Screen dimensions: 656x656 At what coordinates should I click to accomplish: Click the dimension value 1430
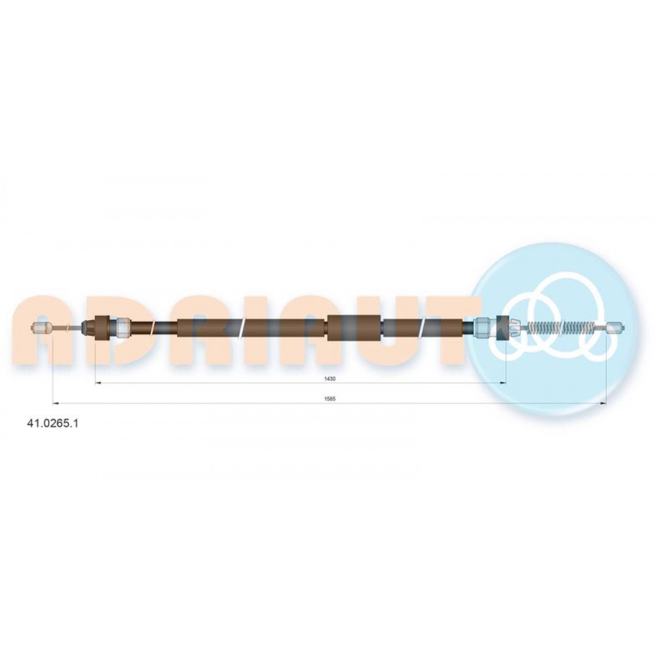pyautogui.click(x=330, y=379)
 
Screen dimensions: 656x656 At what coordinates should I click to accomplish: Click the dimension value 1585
pyautogui.click(x=330, y=399)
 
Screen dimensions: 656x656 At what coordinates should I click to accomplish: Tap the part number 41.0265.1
pyautogui.click(x=52, y=423)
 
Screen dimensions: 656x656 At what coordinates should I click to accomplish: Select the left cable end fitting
pyautogui.click(x=42, y=328)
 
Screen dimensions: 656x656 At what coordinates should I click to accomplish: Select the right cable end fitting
pyautogui.click(x=615, y=327)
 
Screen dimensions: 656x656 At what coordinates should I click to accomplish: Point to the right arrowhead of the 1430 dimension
pyautogui.click(x=503, y=383)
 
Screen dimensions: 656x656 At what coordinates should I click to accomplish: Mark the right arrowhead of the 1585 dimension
pyautogui.click(x=604, y=403)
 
